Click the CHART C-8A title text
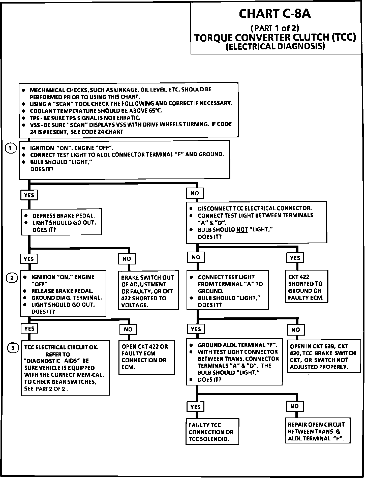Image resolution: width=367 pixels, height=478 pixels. point(275,14)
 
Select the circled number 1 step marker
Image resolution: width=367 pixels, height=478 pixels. point(10,148)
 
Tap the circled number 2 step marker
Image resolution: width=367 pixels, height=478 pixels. point(12,278)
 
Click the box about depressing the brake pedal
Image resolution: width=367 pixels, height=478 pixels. point(62,222)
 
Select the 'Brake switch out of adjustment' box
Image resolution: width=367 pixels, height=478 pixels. point(148,290)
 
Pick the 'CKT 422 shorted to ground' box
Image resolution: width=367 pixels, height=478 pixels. point(307,286)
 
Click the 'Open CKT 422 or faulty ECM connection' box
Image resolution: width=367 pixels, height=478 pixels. point(147,357)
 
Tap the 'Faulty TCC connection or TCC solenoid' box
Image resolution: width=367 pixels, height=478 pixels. point(212,432)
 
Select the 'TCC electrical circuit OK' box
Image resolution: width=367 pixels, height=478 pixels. point(65,368)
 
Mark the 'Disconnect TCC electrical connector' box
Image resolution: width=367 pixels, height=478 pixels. point(256,222)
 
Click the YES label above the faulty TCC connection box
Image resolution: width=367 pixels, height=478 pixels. point(196,407)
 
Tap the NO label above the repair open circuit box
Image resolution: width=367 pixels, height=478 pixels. point(294,406)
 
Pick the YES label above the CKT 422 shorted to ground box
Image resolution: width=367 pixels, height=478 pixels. point(295,258)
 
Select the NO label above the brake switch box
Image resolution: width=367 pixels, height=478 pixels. point(127,259)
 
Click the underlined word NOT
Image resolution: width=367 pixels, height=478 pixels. point(242,230)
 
